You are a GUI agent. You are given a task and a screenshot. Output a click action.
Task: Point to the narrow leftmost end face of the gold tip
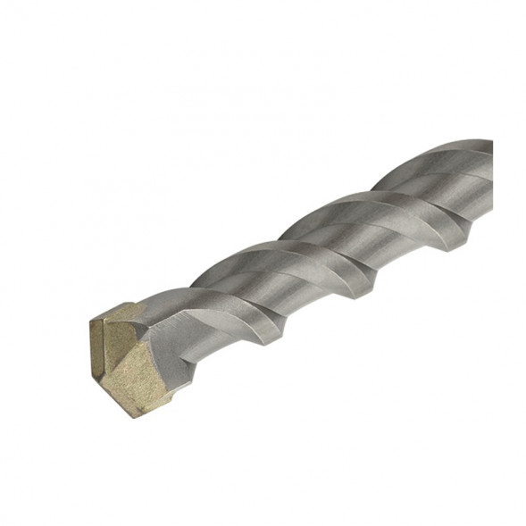(98, 345)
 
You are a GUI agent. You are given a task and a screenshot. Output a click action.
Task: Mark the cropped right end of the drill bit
(489, 179)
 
